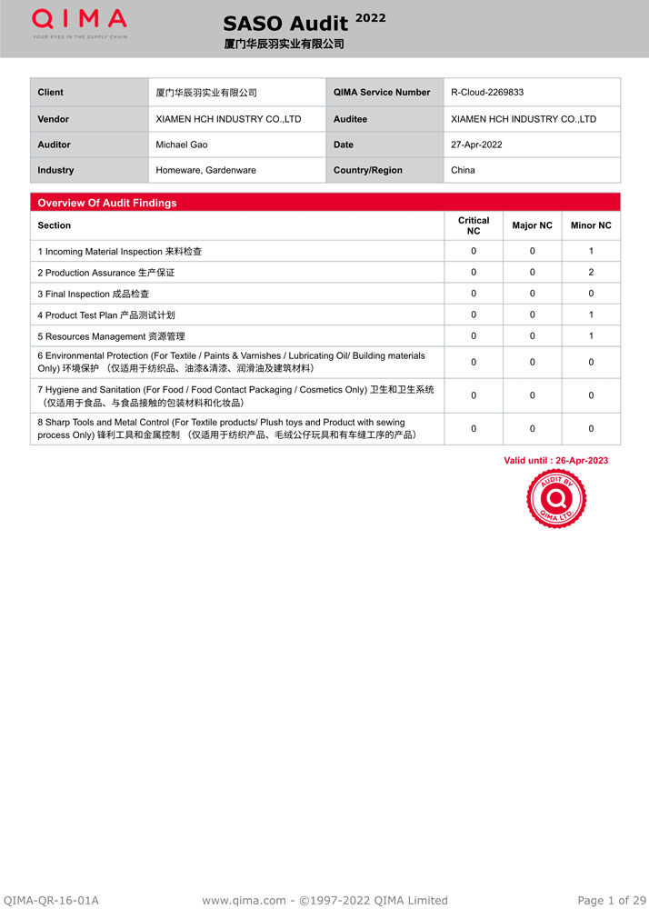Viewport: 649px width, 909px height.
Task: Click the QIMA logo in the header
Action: click(80, 22)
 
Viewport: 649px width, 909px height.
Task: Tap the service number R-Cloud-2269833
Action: click(487, 93)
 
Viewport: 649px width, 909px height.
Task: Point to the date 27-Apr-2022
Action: click(476, 145)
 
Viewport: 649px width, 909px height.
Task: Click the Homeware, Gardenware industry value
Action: click(205, 170)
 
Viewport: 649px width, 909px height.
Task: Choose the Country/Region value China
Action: click(463, 170)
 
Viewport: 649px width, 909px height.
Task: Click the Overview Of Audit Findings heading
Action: click(107, 203)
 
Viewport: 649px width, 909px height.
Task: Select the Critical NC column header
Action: click(474, 225)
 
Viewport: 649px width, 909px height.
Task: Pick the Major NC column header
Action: click(532, 225)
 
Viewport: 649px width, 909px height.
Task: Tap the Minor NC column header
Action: click(591, 225)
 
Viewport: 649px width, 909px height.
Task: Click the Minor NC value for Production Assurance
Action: click(591, 273)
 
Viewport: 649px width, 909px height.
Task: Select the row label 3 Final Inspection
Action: click(94, 294)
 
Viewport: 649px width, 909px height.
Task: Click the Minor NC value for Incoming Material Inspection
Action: click(591, 251)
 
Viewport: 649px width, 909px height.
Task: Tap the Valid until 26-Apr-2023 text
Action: click(556, 460)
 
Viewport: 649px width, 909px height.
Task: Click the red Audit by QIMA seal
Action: click(556, 500)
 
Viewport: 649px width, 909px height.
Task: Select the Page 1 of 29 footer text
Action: click(612, 900)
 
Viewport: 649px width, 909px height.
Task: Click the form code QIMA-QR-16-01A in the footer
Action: click(51, 900)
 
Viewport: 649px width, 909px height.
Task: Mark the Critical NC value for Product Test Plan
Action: click(474, 315)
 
